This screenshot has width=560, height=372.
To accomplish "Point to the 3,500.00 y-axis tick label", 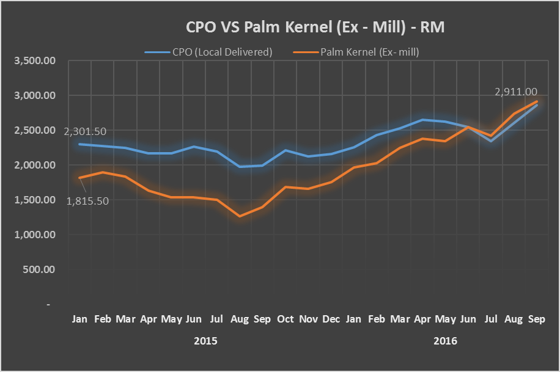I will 35,61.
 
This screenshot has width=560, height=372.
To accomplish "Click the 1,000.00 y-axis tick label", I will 35,235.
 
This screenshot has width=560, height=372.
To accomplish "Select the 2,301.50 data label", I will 84,131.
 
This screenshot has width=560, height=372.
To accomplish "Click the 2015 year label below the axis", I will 205,341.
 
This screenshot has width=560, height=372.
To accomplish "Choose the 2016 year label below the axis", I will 445,341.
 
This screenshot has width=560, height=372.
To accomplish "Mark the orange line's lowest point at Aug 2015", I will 240,216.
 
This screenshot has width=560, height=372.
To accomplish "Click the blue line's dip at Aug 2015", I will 240,166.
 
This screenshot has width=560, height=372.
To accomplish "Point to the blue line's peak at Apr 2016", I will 422,120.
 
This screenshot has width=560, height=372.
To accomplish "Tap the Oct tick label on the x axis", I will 286,319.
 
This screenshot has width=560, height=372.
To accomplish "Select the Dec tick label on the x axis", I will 331,319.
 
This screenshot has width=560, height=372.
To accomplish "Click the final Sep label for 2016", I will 536,319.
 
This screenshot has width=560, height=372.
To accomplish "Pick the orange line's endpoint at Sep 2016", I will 537,101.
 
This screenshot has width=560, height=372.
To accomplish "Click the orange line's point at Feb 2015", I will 103,172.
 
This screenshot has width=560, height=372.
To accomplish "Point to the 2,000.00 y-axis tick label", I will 35,165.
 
